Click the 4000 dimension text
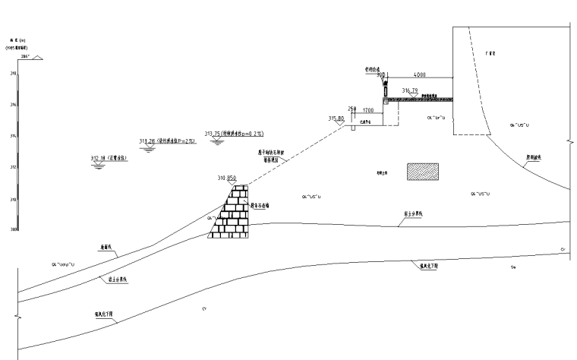click(420, 74)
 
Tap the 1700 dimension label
click(368, 111)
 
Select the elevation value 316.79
click(411, 90)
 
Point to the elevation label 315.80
click(336, 119)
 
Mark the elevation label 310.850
click(228, 178)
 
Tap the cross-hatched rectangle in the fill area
click(422, 172)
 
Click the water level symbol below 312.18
click(97, 166)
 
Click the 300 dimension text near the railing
click(381, 75)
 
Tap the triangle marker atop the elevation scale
click(36, 58)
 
